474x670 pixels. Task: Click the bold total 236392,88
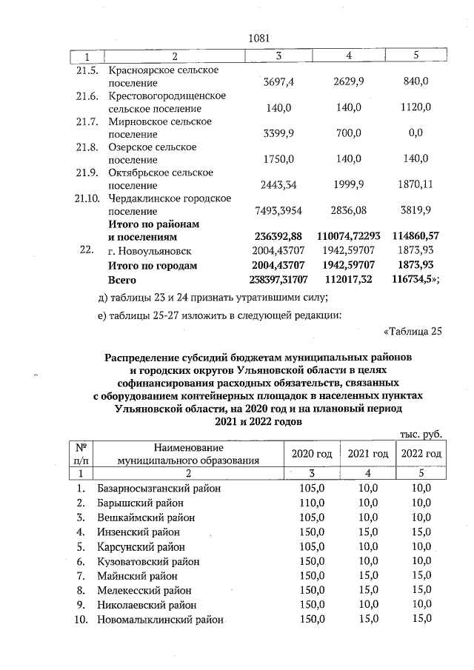(x=273, y=237)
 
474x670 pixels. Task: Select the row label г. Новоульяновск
(x=150, y=251)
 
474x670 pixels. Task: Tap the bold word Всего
(x=123, y=279)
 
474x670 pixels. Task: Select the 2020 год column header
(x=312, y=453)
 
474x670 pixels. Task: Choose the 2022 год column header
(x=420, y=453)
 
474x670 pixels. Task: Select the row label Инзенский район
(x=138, y=532)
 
